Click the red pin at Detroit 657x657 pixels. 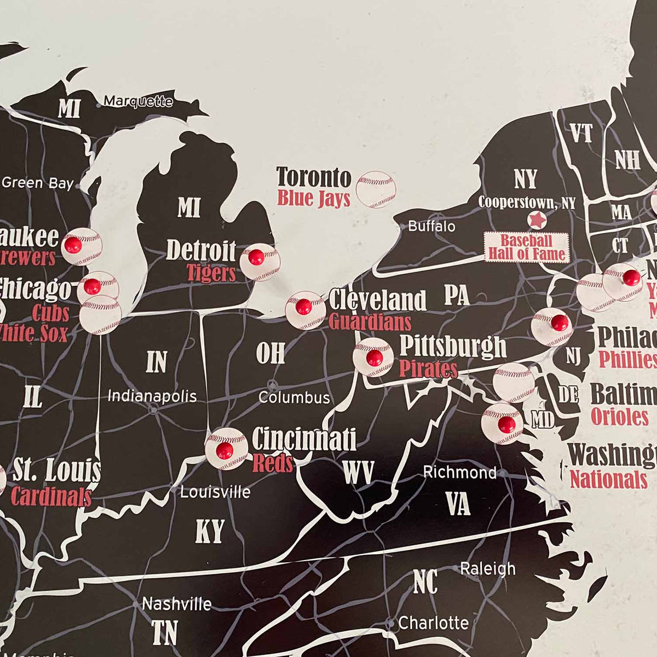click(256, 257)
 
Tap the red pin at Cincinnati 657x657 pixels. click(224, 451)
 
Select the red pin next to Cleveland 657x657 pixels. click(303, 307)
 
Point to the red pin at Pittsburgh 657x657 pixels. click(374, 358)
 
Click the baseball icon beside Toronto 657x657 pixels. click(376, 189)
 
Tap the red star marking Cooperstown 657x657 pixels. click(537, 220)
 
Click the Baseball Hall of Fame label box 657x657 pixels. click(526, 247)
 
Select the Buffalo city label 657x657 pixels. click(431, 226)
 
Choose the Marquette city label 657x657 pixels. click(138, 101)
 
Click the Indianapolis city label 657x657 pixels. click(152, 396)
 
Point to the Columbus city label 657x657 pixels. click(294, 397)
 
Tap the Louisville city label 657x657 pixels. click(215, 492)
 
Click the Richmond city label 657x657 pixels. click(460, 472)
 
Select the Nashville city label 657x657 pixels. click(176, 604)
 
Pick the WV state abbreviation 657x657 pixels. click(358, 472)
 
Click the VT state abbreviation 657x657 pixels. click(581, 133)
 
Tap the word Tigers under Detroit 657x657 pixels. click(211, 273)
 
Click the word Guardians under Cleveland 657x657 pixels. click(370, 321)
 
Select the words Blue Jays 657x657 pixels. click(313, 198)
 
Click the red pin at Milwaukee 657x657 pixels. click(73, 245)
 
